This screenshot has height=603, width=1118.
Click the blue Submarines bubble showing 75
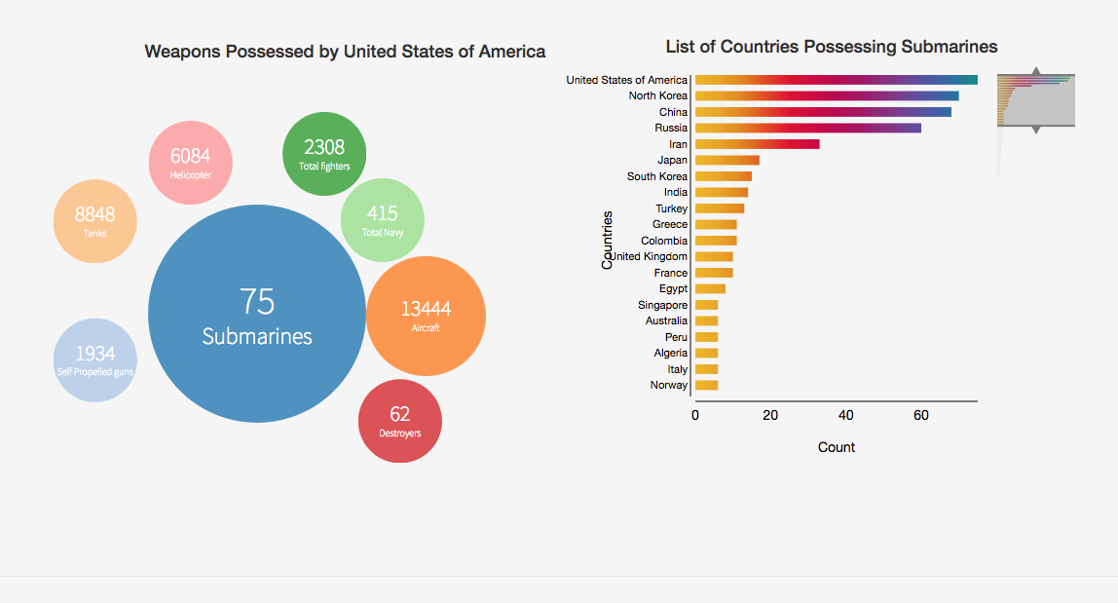[257, 314]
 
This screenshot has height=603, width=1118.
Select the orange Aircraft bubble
[426, 316]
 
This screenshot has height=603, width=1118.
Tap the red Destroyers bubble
[399, 421]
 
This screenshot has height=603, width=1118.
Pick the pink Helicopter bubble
[191, 163]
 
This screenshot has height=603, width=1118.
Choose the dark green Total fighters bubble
[324, 154]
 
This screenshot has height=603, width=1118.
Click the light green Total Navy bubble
[383, 220]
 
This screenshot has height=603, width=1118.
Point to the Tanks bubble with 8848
[94, 221]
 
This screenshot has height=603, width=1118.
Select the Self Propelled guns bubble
[94, 359]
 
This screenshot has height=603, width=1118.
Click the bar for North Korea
[826, 95]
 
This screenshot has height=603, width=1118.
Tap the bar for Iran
[757, 144]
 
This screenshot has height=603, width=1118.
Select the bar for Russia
[806, 128]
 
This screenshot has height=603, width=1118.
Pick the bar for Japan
[727, 160]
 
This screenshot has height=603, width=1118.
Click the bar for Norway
[706, 385]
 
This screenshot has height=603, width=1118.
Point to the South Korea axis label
[657, 176]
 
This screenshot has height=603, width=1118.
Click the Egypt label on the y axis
[673, 288]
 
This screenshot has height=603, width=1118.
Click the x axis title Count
[837, 447]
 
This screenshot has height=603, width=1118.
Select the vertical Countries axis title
[608, 240]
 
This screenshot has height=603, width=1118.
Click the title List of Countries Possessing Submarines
[832, 47]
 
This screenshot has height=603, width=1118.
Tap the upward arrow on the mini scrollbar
[1036, 71]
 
